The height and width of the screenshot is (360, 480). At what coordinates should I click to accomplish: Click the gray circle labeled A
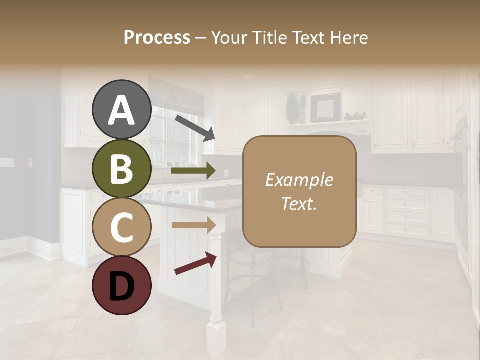tap(121, 110)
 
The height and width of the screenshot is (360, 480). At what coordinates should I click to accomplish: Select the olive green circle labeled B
tap(121, 168)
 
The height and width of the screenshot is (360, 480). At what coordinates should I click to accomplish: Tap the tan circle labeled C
tap(121, 227)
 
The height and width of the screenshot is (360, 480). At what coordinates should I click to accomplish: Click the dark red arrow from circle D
tap(195, 263)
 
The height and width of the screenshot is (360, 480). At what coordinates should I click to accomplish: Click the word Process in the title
tap(157, 37)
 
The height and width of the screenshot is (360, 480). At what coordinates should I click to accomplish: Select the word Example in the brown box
tap(299, 180)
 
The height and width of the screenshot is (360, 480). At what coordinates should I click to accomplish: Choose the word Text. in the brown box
tap(299, 203)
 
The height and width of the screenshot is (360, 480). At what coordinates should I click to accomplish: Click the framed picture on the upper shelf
tap(325, 107)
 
